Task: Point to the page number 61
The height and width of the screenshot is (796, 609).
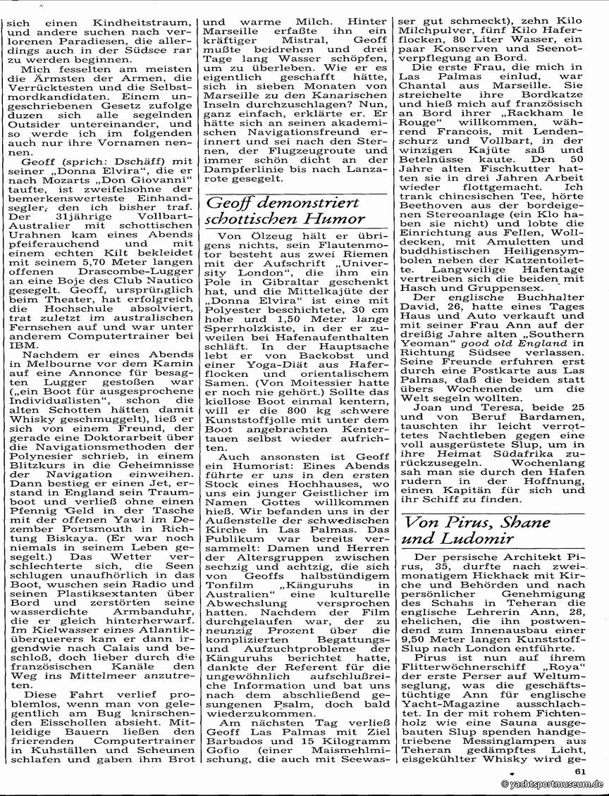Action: click(x=580, y=771)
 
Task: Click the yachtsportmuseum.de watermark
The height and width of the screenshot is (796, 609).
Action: click(x=553, y=784)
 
